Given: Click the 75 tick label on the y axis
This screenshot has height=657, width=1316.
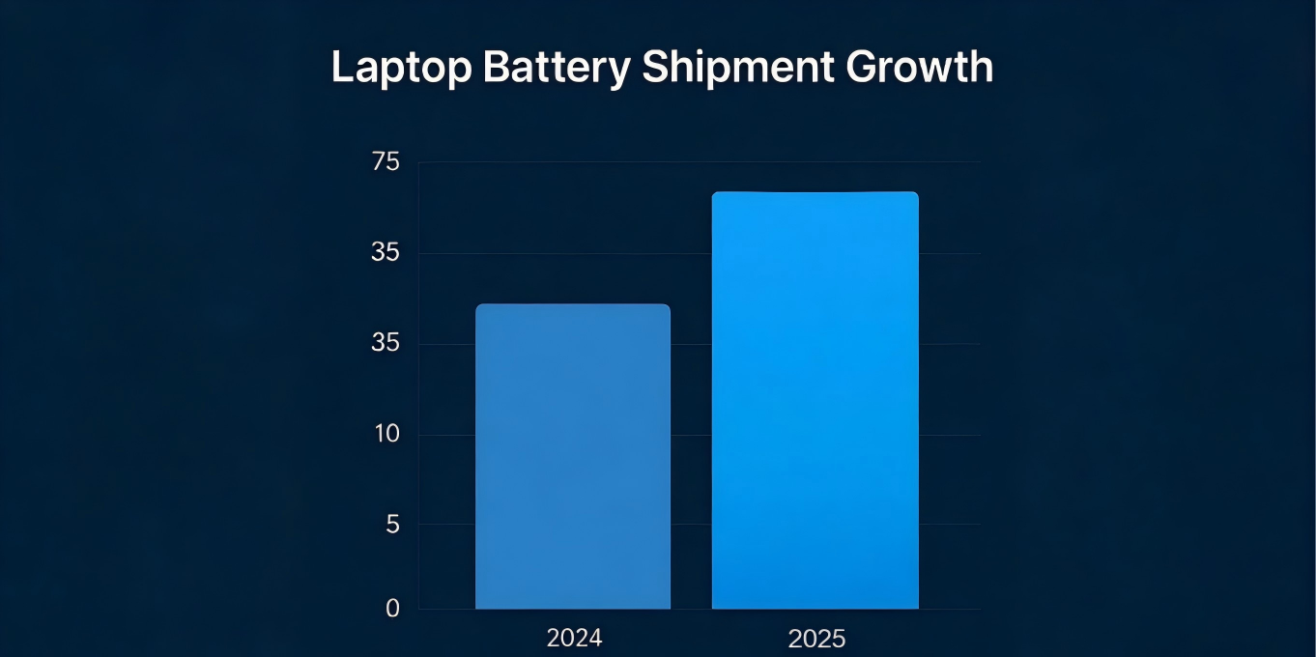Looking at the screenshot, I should (386, 162).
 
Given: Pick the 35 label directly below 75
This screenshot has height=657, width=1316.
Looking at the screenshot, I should (386, 253).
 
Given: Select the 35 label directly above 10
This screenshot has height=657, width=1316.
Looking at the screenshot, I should (386, 344).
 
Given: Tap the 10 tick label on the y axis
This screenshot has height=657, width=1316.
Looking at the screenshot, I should (386, 434).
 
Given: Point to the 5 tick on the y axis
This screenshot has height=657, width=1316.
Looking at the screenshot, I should (392, 525).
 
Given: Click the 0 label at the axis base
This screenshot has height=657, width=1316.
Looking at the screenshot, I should (392, 609).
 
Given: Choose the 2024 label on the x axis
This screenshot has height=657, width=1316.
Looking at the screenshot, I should (574, 639).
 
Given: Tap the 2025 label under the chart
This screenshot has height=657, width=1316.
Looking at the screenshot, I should (816, 639).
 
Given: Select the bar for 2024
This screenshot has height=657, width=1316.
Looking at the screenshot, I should (573, 459).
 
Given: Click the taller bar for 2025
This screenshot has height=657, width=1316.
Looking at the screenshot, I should (815, 401).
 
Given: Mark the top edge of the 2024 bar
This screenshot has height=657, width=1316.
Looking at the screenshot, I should (573, 305).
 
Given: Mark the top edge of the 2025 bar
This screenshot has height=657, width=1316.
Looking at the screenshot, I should (815, 193).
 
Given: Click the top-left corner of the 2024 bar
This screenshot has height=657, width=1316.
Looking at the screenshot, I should (477, 306).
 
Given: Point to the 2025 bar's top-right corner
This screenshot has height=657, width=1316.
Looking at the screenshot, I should (917, 194).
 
